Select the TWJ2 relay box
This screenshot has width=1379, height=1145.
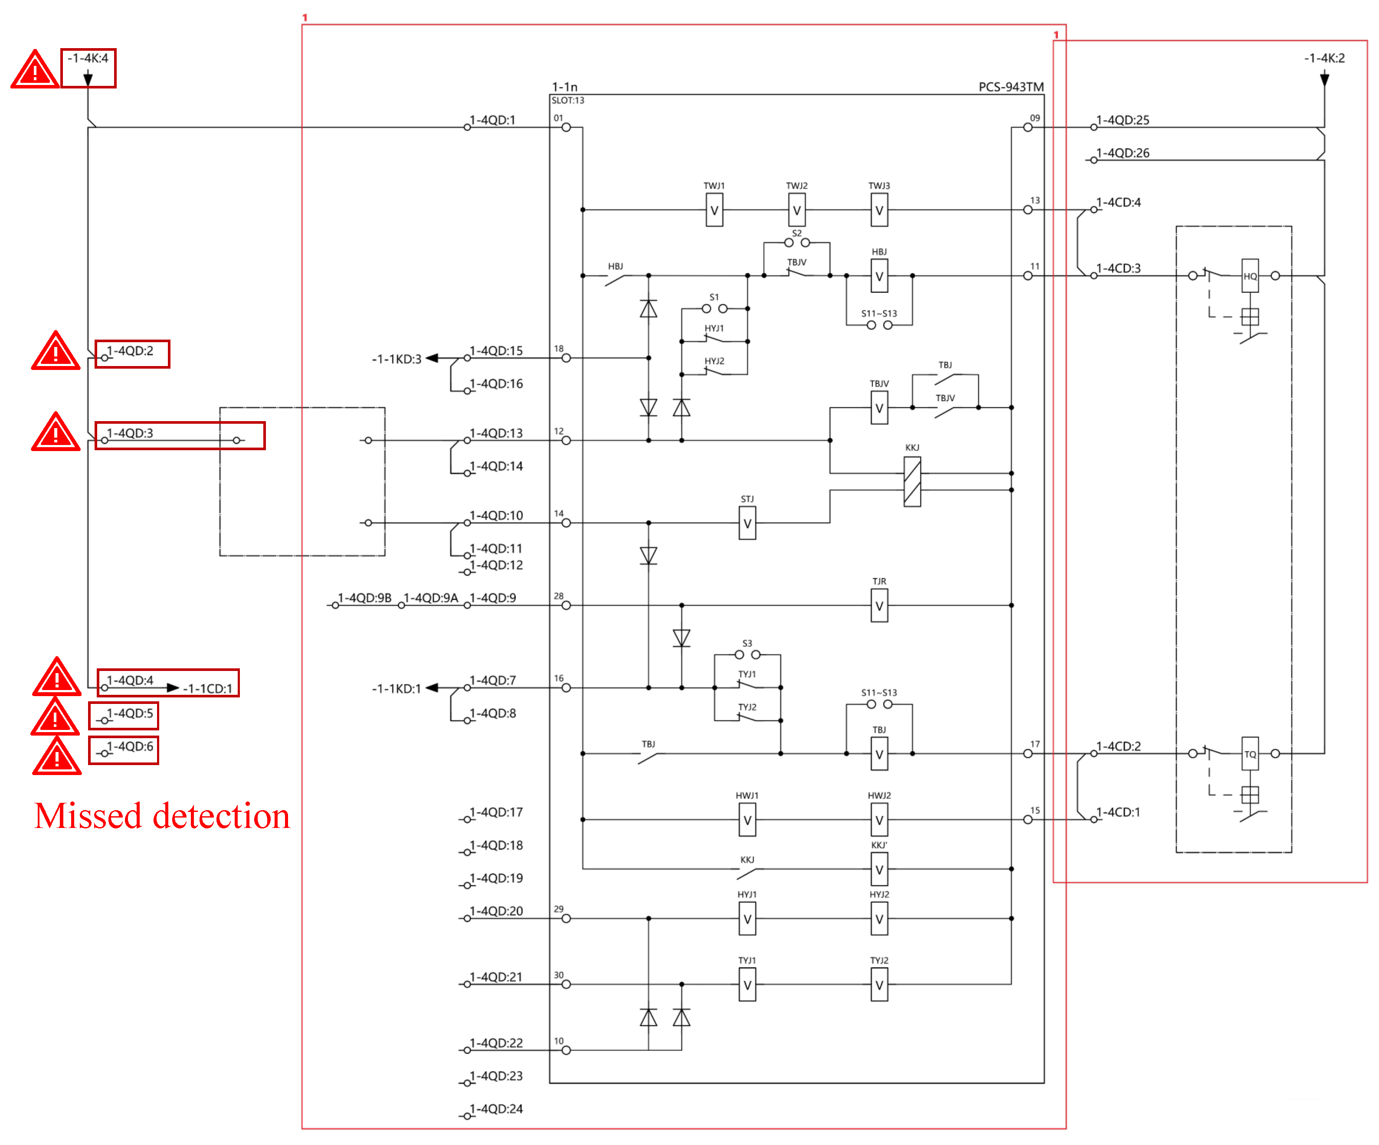point(796,210)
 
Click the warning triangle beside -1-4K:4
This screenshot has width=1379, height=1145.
point(34,69)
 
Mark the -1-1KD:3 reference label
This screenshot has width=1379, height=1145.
point(396,359)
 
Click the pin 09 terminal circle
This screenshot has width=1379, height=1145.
point(1027,128)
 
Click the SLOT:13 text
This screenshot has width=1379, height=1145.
point(567,101)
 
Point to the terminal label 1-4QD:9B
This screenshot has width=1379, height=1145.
point(364,598)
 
